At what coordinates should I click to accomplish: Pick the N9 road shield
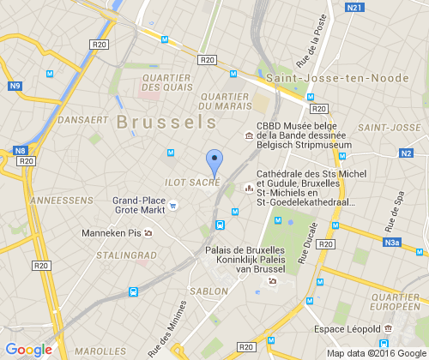click(x=15, y=86)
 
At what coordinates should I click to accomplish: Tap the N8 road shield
click(x=20, y=151)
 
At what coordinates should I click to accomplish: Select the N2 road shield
click(x=406, y=153)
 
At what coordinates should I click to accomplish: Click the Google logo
click(x=28, y=350)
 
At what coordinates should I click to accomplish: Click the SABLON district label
click(x=209, y=291)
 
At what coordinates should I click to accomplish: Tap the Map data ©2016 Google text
click(x=378, y=352)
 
